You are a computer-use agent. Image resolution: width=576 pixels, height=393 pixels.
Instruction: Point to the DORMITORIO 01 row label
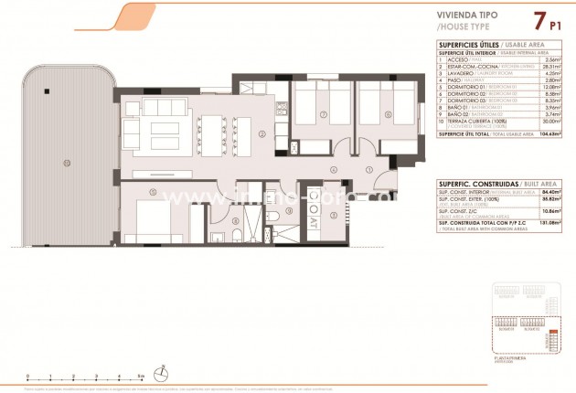461,87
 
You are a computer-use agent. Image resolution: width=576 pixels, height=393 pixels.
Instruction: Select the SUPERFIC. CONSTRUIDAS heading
473,183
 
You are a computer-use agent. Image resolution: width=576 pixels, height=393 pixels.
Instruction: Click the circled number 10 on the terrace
66,163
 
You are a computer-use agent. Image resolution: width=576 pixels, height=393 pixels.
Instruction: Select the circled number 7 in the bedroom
323,114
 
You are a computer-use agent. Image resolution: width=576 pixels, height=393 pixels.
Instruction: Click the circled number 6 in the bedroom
388,114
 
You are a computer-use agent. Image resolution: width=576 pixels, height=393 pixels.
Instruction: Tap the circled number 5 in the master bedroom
153,191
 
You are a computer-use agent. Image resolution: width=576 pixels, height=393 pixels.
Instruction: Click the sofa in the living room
160,128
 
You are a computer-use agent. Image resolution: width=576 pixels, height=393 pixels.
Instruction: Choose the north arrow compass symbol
162,372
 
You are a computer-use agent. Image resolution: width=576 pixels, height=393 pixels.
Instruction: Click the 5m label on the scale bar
140,376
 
